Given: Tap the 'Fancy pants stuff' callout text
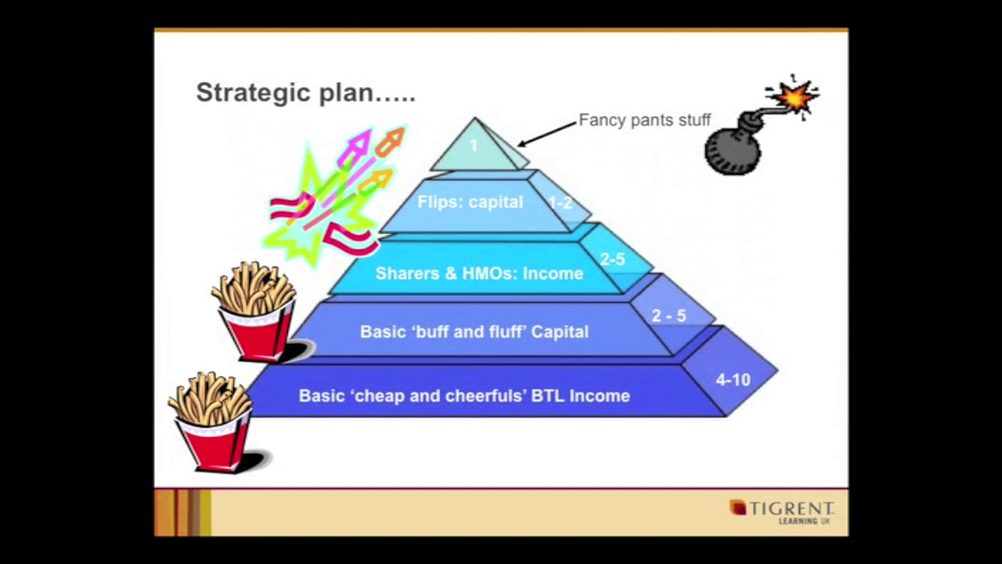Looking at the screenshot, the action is (x=644, y=120).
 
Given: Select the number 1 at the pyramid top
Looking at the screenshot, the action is (x=474, y=145).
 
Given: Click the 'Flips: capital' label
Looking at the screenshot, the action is (x=470, y=202).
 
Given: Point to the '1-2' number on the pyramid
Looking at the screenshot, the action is (x=560, y=203).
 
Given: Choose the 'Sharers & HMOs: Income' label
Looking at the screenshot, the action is (x=479, y=273).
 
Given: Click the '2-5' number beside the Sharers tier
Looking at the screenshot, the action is (x=612, y=258).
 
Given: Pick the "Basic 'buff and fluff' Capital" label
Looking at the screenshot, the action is (x=474, y=331).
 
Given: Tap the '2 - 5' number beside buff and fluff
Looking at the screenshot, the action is (x=669, y=316).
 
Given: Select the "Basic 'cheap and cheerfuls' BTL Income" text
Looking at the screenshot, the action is (x=464, y=396).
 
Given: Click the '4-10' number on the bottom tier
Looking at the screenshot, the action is (x=733, y=380).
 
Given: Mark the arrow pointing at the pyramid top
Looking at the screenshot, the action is (x=547, y=134).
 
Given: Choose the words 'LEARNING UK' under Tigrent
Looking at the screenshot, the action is (x=805, y=521).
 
